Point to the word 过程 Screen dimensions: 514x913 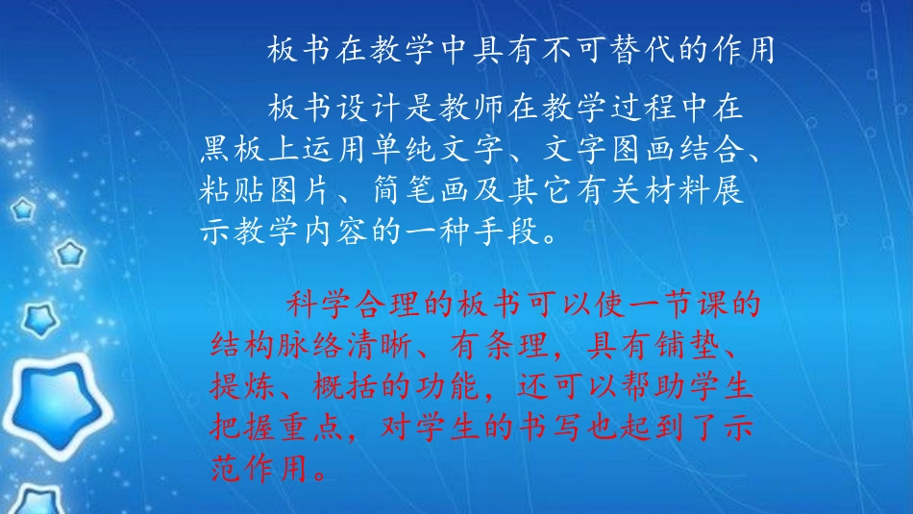pos(644,107)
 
